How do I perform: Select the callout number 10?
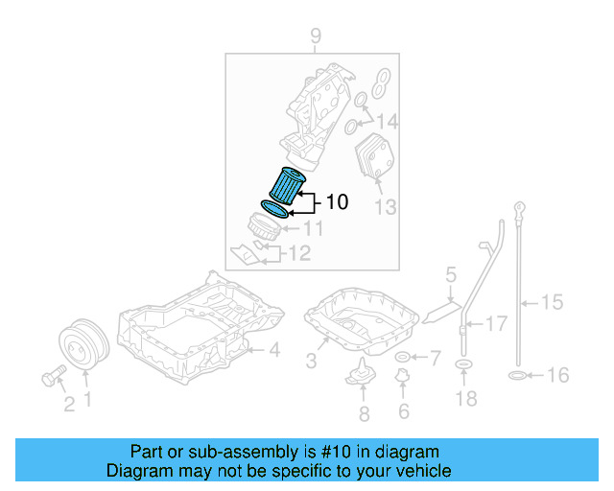coord(337,202)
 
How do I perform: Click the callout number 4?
coord(273,351)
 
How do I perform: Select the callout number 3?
coord(311,362)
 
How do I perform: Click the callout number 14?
coord(387,122)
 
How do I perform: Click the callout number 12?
coord(299,253)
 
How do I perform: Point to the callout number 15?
coord(552,303)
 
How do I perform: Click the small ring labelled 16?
coord(514,375)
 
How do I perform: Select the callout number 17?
coord(495,324)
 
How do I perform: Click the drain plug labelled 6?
coord(403,386)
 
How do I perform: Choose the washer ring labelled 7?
coord(402,359)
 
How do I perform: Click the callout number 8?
coord(363,414)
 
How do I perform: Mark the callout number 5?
coord(450,277)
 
